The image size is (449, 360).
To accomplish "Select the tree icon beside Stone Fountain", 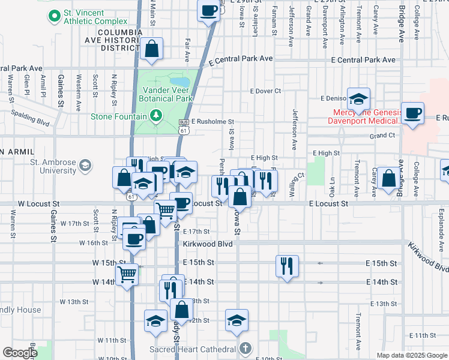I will (156, 116).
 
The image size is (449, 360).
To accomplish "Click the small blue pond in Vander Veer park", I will (178, 82).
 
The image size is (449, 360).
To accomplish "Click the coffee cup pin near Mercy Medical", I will (412, 113).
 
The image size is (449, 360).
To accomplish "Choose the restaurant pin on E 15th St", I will (287, 265).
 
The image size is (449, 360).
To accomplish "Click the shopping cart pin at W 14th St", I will (127, 275).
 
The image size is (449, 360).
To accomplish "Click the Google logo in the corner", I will (19, 353).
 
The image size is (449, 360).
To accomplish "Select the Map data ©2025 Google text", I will (411, 355).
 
